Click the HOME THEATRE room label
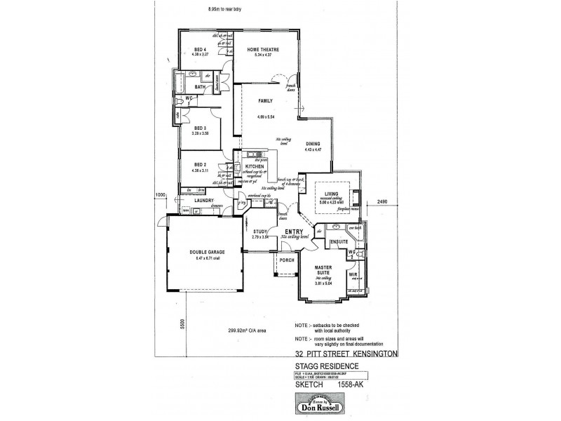263,49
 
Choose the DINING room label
313,144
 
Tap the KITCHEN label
255,167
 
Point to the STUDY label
260,232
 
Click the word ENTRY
292,231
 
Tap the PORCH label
287,260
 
